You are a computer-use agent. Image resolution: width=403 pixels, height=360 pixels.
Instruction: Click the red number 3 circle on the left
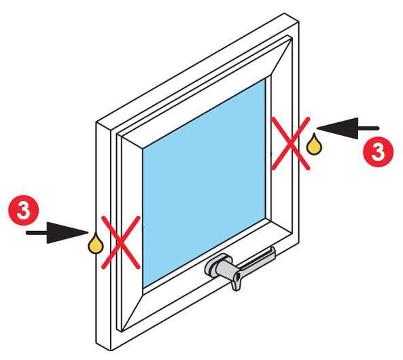(x=24, y=210)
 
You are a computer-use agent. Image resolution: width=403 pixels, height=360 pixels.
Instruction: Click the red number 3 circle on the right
(x=378, y=151)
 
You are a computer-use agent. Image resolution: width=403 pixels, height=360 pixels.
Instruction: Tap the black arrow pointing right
(x=57, y=233)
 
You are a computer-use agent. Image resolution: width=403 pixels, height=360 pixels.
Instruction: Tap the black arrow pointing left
(x=348, y=128)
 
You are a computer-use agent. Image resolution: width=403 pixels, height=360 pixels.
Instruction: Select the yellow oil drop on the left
(x=96, y=244)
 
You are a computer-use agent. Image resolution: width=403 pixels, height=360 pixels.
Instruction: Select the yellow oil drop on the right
(x=315, y=145)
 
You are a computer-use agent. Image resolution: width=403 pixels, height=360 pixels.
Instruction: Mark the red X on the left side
(x=121, y=242)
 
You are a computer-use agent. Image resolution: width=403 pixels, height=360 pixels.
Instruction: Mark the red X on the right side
(x=291, y=143)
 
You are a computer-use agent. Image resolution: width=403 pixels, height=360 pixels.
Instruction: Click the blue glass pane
(x=205, y=183)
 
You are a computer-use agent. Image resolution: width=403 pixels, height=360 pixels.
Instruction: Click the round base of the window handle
(x=216, y=265)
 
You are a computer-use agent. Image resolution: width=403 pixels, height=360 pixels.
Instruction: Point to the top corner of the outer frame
(x=284, y=13)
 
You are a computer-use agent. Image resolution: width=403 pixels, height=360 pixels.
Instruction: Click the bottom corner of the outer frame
(x=111, y=350)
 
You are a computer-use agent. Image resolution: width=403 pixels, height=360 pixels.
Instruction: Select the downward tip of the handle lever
(x=236, y=289)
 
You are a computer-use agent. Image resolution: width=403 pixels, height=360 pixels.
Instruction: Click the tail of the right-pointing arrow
(x=27, y=233)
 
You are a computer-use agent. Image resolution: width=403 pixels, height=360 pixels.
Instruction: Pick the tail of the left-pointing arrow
(x=379, y=128)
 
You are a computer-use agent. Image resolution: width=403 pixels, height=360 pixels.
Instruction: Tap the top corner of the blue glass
(x=266, y=79)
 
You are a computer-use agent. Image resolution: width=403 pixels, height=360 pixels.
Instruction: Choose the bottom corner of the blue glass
(x=143, y=288)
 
